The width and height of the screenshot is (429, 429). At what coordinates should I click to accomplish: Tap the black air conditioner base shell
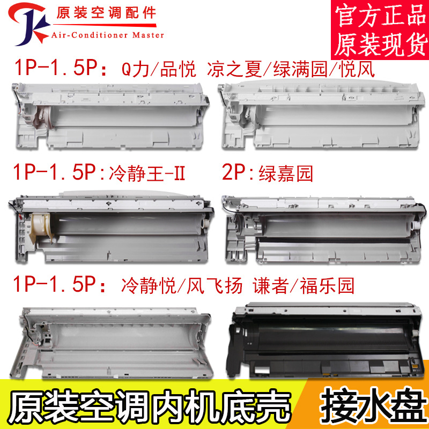pyautogui.click(x=328, y=337)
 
